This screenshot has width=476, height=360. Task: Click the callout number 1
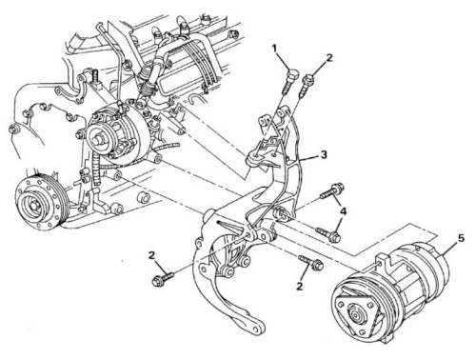tap(274, 49)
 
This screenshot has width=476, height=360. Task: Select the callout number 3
tap(324, 154)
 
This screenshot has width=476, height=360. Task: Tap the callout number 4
tap(343, 210)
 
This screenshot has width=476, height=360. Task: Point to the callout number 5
tap(461, 238)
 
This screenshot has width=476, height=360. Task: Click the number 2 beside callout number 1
tap(329, 58)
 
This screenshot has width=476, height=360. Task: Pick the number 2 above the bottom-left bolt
tap(152, 255)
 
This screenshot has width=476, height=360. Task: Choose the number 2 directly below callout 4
tap(299, 287)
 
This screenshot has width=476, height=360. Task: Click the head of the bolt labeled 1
tap(292, 74)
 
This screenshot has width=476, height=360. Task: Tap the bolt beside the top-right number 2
tap(305, 85)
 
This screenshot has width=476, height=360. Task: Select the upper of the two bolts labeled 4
tap(332, 190)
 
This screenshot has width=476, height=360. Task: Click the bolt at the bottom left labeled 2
tap(163, 278)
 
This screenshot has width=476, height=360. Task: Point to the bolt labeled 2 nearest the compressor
tap(311, 262)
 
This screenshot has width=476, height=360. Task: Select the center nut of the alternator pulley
tap(98, 138)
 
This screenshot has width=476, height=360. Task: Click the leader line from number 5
tap(449, 250)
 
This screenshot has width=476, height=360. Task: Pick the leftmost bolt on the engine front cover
tap(12, 130)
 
